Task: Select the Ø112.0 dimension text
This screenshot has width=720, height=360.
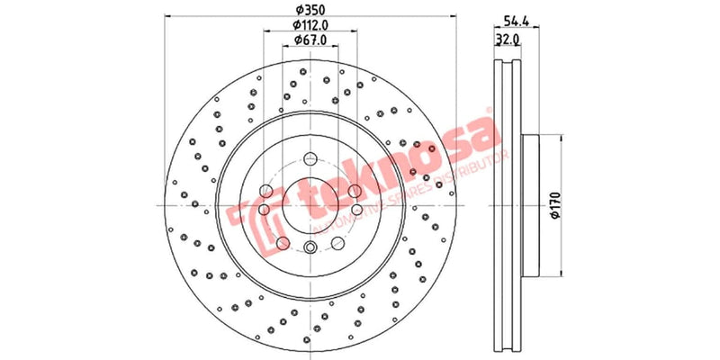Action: [310, 25]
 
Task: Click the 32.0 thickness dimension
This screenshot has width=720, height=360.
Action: [508, 40]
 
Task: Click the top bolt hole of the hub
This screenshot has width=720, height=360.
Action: [310, 155]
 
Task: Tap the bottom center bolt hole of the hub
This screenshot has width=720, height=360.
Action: [310, 249]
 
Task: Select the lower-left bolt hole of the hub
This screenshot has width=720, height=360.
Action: [283, 243]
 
